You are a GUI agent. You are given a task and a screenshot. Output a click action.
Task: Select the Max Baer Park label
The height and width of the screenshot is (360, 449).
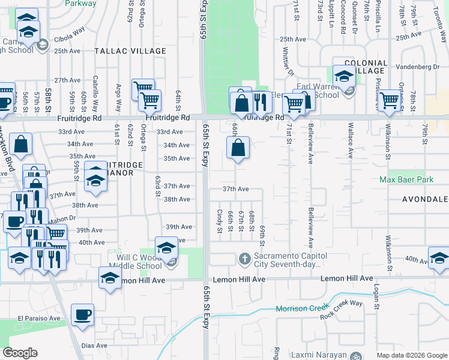406,179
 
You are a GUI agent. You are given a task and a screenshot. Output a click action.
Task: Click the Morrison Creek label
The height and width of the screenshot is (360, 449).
295,309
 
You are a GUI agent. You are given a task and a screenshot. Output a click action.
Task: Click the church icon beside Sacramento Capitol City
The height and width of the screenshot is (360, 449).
244,259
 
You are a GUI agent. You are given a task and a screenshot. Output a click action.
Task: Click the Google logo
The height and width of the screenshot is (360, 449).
20,353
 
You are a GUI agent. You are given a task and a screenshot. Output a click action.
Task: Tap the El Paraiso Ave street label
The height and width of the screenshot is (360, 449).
39,319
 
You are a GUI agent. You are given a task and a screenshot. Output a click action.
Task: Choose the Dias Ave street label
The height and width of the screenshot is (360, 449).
94,346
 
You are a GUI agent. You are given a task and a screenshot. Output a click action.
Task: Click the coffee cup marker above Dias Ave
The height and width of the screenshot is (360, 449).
82,314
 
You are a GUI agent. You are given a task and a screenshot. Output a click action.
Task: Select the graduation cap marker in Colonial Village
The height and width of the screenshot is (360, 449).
343,76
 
